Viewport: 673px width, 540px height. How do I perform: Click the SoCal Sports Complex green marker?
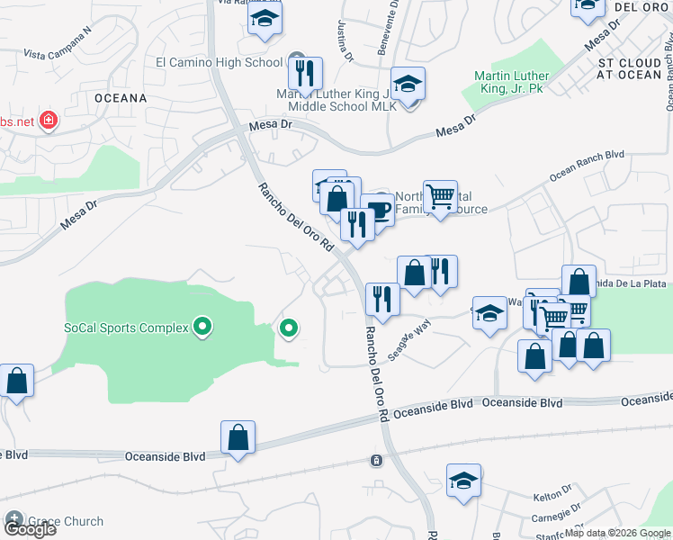pyautogui.click(x=202, y=327)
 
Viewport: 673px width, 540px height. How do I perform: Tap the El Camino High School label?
pyautogui.click(x=220, y=63)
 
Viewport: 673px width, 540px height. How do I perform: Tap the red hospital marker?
pyautogui.click(x=48, y=121)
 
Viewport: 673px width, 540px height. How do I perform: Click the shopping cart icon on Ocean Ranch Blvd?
pyautogui.click(x=440, y=196)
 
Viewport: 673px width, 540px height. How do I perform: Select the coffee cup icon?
pyautogui.click(x=379, y=210)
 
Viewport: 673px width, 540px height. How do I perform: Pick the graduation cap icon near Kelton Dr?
pyautogui.click(x=463, y=481)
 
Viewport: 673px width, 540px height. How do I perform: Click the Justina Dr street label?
pyautogui.click(x=345, y=40)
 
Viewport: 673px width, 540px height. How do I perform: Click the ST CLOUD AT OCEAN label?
pyautogui.click(x=630, y=69)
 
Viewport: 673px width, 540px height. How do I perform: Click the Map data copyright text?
pyautogui.click(x=617, y=533)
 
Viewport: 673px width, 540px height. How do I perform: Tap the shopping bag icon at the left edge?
pyautogui.click(x=16, y=381)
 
